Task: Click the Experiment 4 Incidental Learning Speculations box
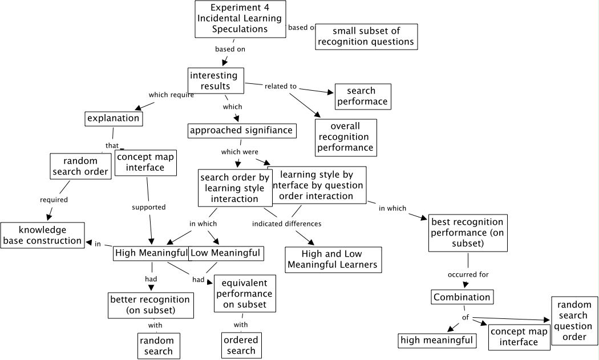240,19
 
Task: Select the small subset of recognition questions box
366,36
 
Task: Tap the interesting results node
216,81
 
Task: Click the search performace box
362,96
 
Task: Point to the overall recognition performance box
345,137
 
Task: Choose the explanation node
114,118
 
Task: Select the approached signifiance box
241,130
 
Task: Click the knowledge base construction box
42,235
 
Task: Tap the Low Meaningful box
225,253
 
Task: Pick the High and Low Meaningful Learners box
333,259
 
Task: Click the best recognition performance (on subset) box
467,233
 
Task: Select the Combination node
462,297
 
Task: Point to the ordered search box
241,345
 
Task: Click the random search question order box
574,321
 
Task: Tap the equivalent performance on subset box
244,293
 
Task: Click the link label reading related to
281,86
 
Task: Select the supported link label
148,207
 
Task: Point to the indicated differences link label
286,224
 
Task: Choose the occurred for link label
468,274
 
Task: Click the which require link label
171,95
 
